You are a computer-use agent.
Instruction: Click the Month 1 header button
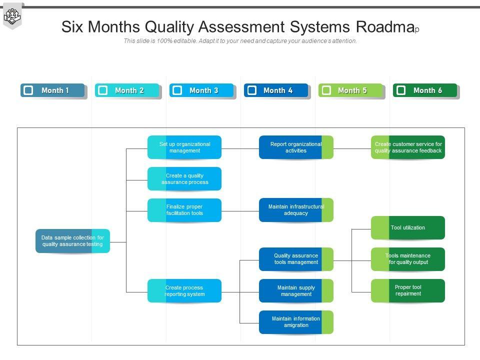(x=53, y=90)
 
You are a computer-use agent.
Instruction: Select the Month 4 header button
(x=276, y=90)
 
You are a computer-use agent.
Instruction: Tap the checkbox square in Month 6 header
(x=400, y=90)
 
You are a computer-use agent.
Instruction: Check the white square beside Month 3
(x=177, y=90)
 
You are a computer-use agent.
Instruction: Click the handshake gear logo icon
(x=12, y=16)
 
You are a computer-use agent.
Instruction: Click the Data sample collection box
(x=72, y=241)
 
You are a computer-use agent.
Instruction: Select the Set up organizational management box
(x=184, y=147)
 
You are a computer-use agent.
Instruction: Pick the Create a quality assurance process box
(x=184, y=179)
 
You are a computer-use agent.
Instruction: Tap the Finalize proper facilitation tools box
(x=184, y=210)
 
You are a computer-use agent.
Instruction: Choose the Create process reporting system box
(x=184, y=291)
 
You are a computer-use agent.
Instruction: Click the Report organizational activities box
(x=296, y=147)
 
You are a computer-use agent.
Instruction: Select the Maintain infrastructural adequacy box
(x=296, y=210)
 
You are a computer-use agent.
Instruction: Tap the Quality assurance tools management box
(x=296, y=259)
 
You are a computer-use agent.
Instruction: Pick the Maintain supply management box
(x=296, y=291)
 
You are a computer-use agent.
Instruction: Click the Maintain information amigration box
(x=296, y=322)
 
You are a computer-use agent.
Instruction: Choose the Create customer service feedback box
(x=408, y=147)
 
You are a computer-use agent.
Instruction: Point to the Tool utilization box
(x=408, y=228)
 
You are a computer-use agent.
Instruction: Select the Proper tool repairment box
(x=408, y=291)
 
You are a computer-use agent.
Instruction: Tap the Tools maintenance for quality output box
(x=408, y=259)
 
